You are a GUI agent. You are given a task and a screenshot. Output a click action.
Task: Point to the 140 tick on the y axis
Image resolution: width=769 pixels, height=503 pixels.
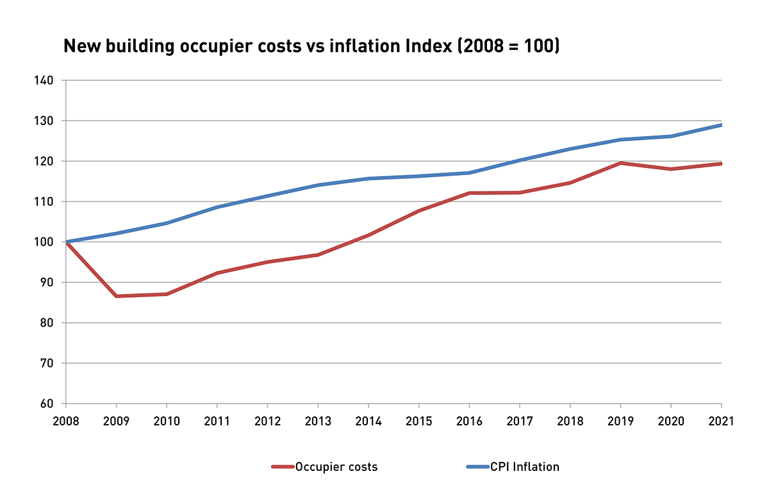pyautogui.click(x=46, y=81)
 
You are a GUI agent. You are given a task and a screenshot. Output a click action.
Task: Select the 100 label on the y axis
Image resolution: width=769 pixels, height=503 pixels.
pyautogui.click(x=46, y=243)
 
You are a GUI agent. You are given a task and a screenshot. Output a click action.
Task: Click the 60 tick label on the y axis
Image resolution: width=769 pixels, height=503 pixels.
pyautogui.click(x=49, y=404)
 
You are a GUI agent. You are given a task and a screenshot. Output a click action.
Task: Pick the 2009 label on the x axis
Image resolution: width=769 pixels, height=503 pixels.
pyautogui.click(x=116, y=422)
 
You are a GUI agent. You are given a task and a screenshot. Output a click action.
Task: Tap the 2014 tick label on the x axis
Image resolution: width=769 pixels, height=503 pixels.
pyautogui.click(x=368, y=422)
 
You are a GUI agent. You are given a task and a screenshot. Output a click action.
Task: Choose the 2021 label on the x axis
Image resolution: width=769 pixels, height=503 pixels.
pyautogui.click(x=721, y=422)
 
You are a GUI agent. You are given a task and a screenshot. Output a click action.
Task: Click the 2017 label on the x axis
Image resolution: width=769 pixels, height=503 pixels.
pyautogui.click(x=519, y=422)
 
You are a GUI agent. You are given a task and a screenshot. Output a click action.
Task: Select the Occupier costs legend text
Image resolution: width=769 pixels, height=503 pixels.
pyautogui.click(x=336, y=467)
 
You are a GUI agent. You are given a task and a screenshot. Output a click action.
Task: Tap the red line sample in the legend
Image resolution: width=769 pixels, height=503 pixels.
pyautogui.click(x=282, y=467)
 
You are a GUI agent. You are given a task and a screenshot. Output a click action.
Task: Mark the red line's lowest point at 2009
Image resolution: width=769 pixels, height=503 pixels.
pyautogui.click(x=116, y=296)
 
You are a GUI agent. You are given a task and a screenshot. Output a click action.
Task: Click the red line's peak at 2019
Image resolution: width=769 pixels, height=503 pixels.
pyautogui.click(x=620, y=163)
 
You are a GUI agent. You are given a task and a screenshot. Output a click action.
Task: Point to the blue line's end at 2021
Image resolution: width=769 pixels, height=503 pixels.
pyautogui.click(x=721, y=125)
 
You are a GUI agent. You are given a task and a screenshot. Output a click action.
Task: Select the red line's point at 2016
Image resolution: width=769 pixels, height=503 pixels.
pyautogui.click(x=469, y=193)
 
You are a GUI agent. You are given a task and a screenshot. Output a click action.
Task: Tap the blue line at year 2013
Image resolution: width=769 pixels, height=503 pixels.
pyautogui.click(x=318, y=185)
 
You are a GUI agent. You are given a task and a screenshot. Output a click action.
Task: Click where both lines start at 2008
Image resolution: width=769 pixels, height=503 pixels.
pyautogui.click(x=66, y=242)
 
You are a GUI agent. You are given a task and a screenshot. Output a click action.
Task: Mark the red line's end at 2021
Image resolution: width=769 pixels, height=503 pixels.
pyautogui.click(x=721, y=164)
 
